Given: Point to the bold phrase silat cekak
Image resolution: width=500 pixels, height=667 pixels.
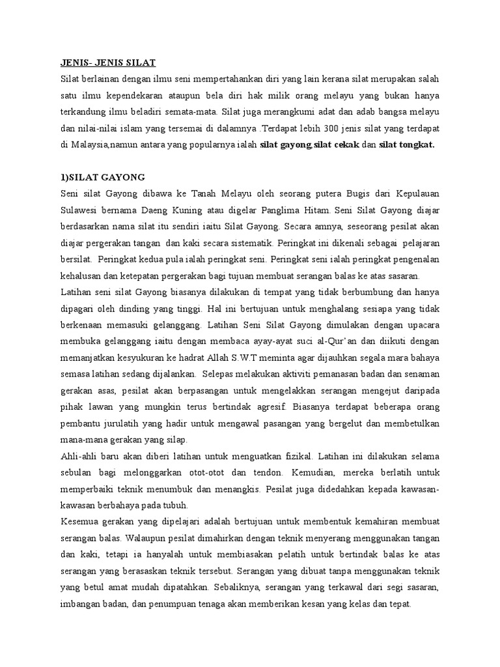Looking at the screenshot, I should [x=337, y=145].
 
